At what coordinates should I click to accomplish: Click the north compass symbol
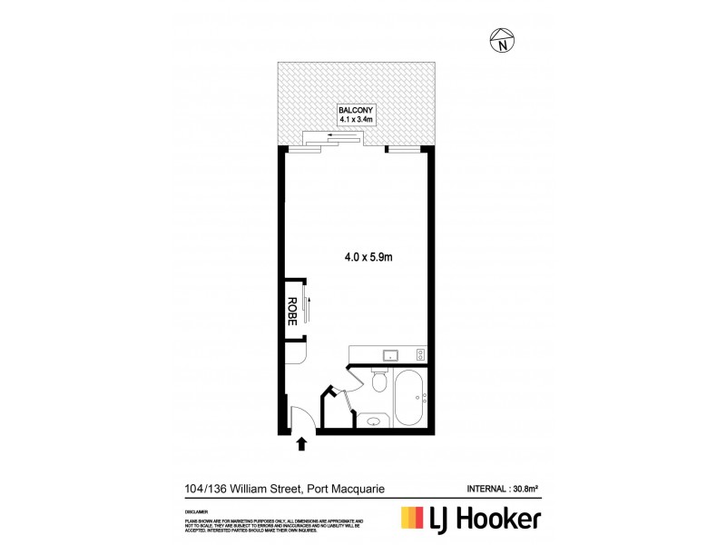[502, 40]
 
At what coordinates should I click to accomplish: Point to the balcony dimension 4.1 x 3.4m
[355, 119]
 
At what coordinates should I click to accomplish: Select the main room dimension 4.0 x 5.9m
[368, 258]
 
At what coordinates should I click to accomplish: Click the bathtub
[407, 399]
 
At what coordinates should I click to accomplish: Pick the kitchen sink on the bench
[392, 354]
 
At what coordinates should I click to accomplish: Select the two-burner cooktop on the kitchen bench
[419, 354]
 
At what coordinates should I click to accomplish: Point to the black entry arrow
[301, 443]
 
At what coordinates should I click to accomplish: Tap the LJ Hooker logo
[471, 519]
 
